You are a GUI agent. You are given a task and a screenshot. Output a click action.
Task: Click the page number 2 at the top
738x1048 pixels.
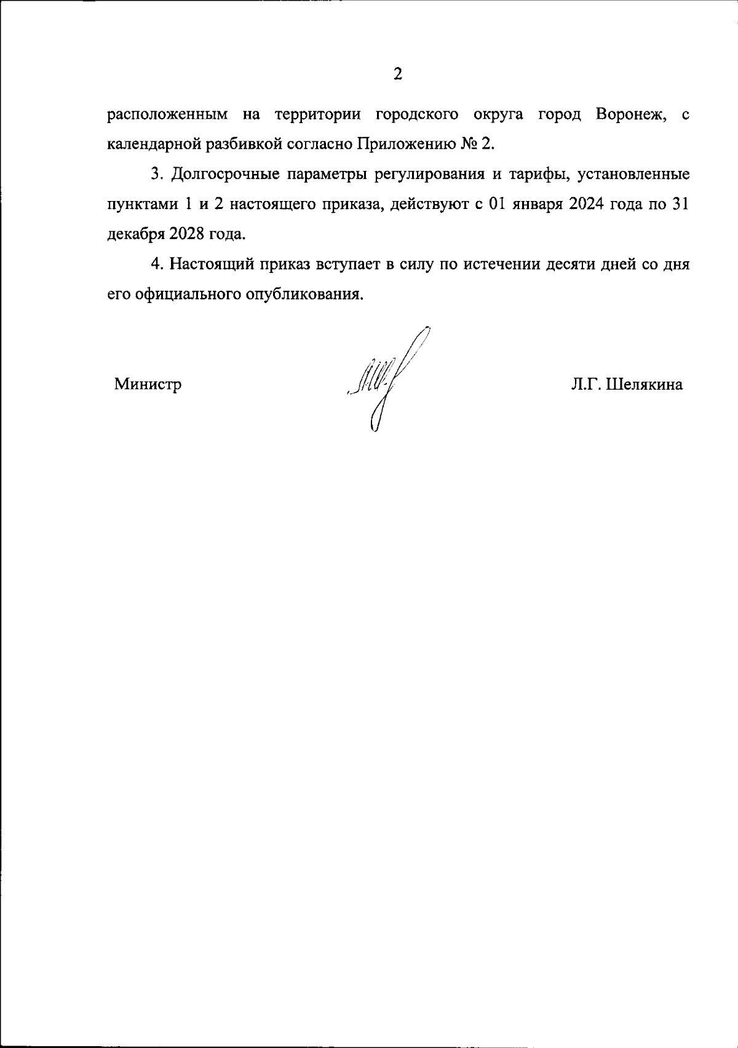pos(397,75)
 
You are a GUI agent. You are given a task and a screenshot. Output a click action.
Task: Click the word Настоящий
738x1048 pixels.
pos(209,264)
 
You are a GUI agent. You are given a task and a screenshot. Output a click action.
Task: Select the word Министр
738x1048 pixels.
pos(148,385)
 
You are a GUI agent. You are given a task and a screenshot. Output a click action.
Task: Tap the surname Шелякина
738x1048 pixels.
pos(645,385)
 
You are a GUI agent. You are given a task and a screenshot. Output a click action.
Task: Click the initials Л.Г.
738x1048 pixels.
pos(587,385)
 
